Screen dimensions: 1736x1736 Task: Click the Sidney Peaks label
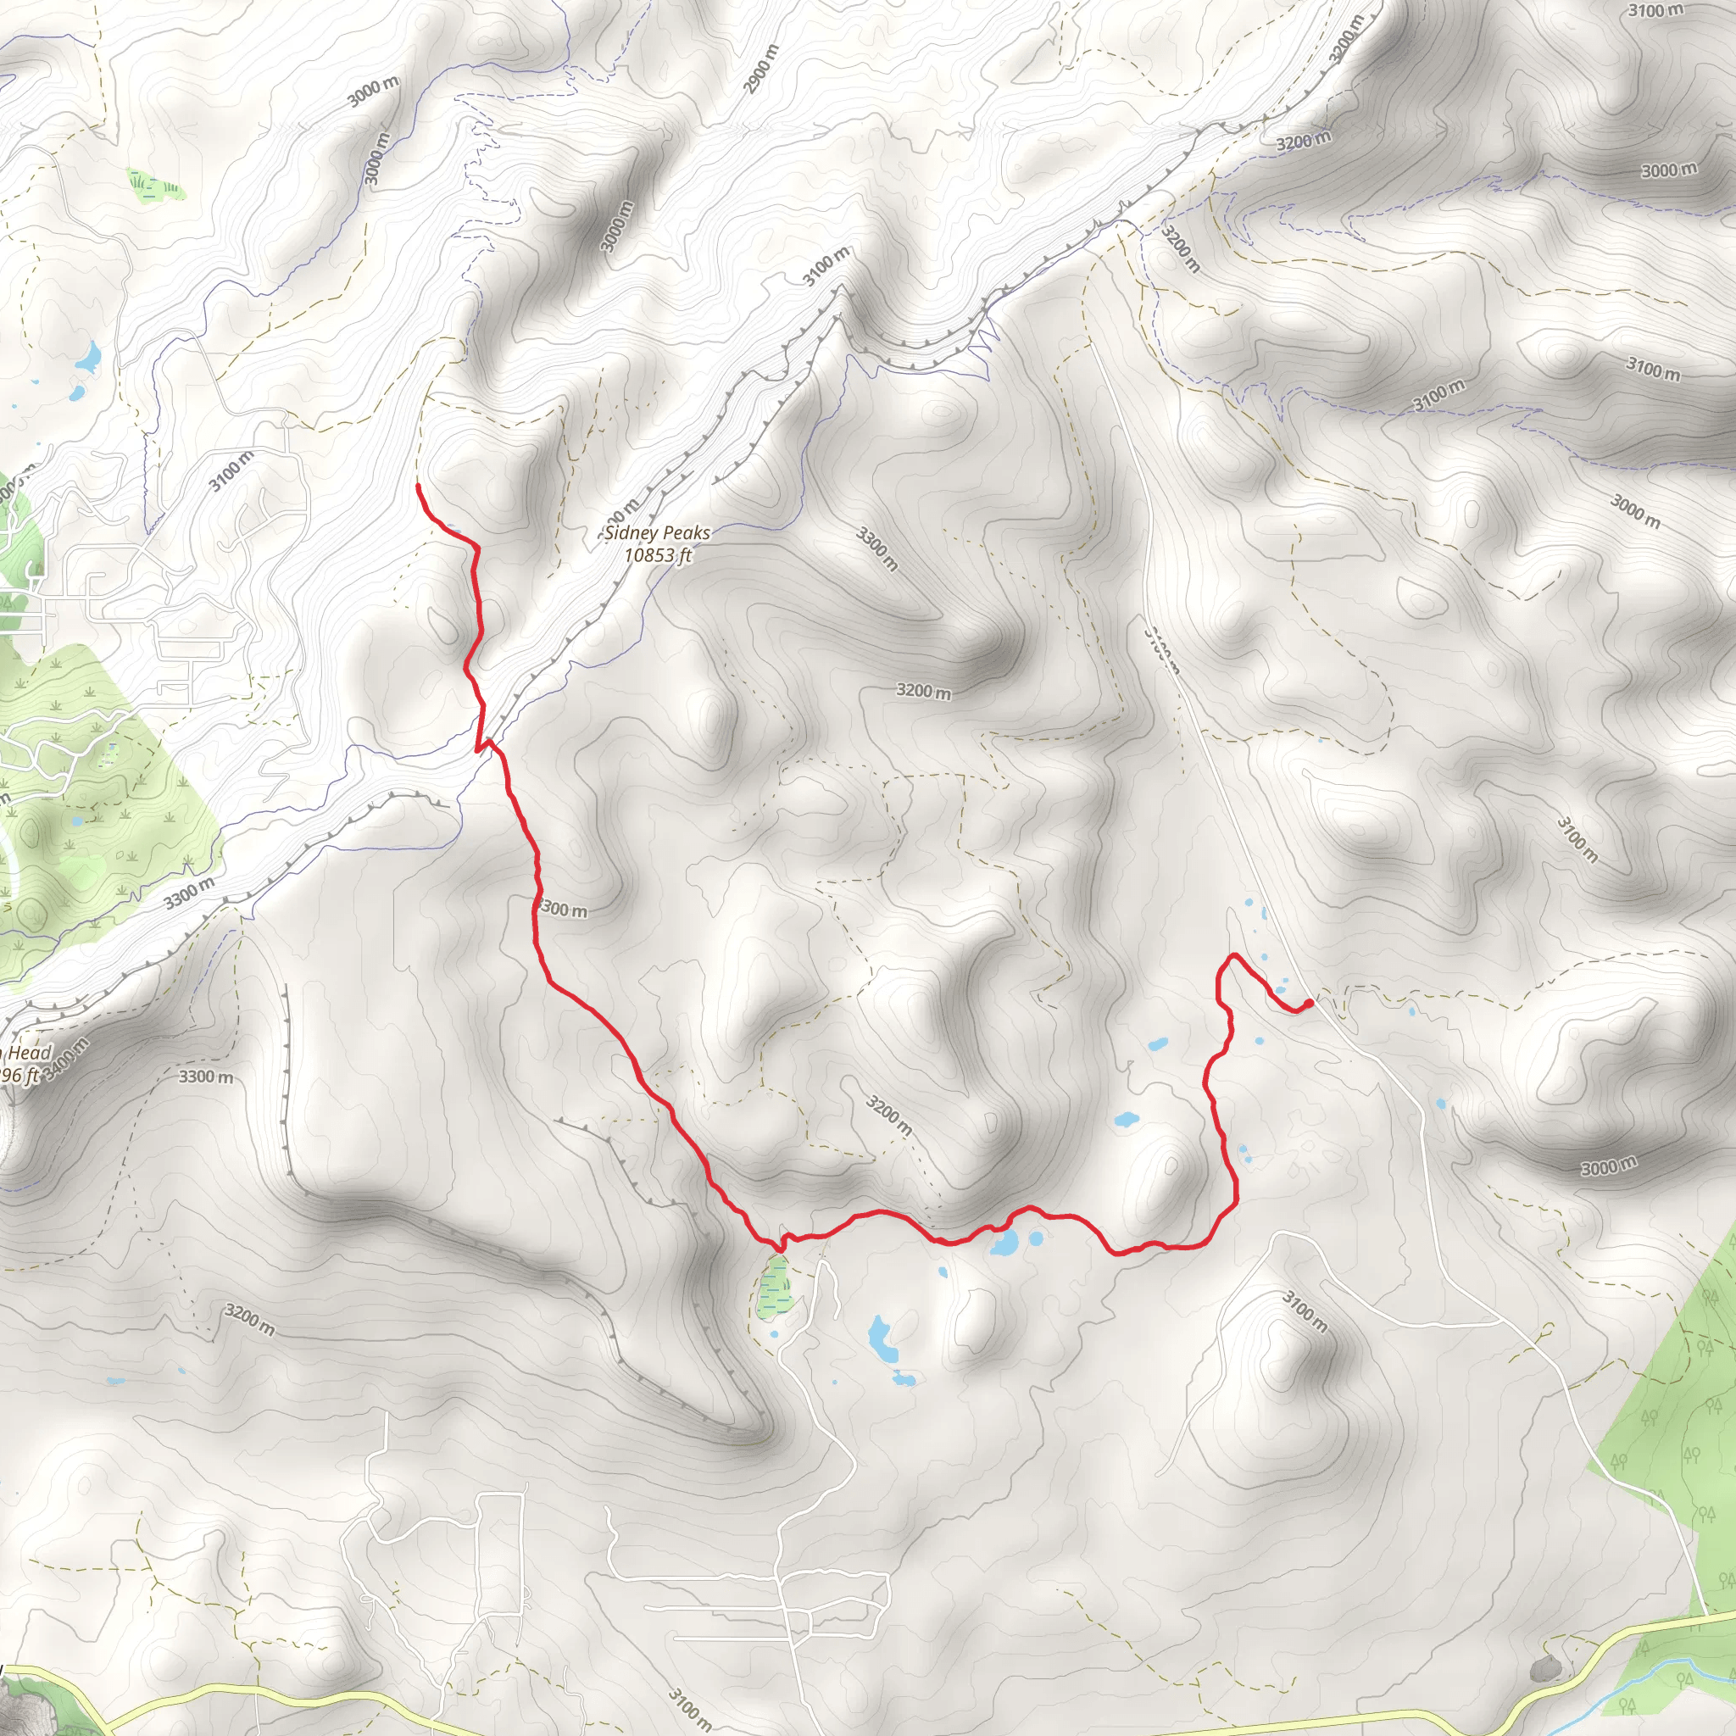point(657,533)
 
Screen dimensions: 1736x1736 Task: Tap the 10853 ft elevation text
point(658,555)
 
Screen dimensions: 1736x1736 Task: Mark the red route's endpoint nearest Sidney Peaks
point(419,486)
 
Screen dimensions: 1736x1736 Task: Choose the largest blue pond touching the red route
point(1004,1244)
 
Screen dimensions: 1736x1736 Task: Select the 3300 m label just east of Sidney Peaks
point(877,550)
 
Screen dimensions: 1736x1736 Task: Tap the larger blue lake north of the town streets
point(89,359)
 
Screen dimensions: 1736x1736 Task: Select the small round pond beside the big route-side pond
point(1036,1239)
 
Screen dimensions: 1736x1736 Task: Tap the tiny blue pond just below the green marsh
point(775,1333)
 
